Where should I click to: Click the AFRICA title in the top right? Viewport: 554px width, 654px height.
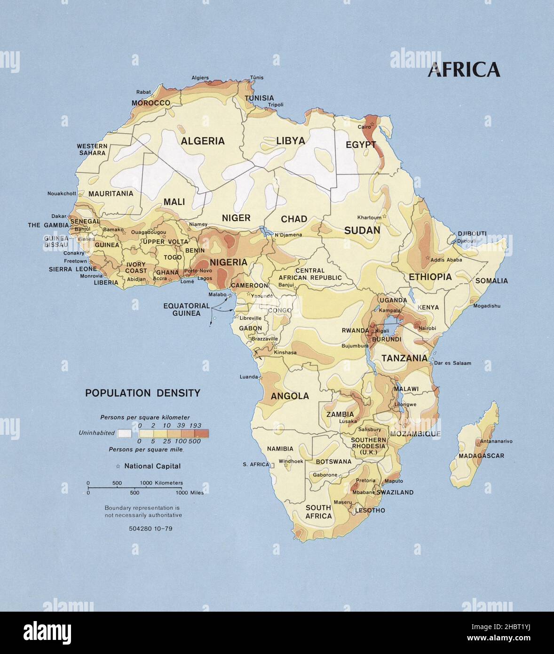pos(463,70)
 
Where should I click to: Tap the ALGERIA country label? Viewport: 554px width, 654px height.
pos(203,141)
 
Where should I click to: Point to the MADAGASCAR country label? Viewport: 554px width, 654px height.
pos(481,455)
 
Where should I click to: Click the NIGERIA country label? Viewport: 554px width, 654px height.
pos(229,262)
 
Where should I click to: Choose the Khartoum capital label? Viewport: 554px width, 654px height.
pos(369,217)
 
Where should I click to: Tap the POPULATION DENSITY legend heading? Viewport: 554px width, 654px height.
pos(142,393)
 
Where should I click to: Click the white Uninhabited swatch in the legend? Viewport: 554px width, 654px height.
pos(125,433)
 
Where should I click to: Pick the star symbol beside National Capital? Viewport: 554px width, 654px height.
pos(118,466)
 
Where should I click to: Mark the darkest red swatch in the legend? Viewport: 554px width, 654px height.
pos(202,433)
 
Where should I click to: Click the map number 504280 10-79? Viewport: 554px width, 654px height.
pos(150,528)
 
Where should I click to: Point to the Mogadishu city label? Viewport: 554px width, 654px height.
pos(487,306)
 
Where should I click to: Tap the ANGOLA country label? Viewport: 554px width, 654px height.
pos(290,396)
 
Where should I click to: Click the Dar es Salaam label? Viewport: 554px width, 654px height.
pos(452,363)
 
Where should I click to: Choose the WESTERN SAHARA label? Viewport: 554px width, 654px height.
pos(92,150)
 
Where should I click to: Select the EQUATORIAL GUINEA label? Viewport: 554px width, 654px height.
pos(186,309)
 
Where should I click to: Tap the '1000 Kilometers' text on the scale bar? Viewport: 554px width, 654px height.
pos(161,483)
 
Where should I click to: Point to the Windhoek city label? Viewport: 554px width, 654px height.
pos(291,462)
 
